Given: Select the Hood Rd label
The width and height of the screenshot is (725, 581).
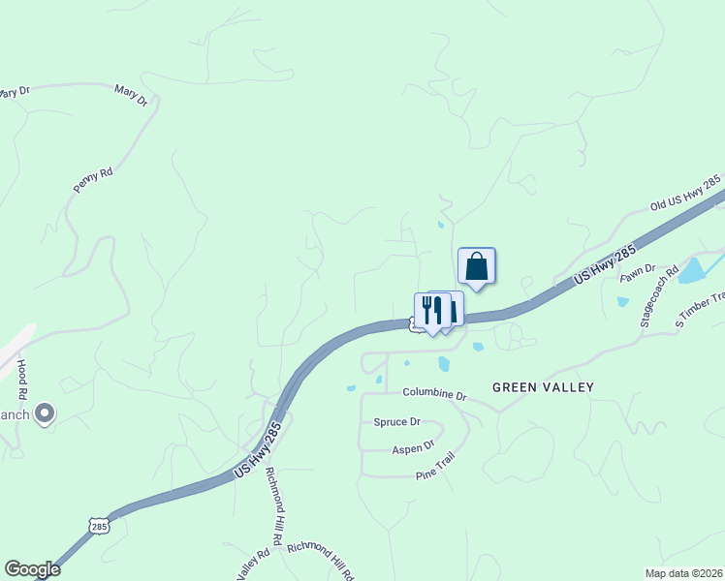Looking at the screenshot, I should pos(21,381).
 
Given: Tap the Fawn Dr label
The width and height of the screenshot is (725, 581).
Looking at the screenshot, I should pos(637,274).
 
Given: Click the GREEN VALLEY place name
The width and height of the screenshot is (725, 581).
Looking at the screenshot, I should pos(543,387).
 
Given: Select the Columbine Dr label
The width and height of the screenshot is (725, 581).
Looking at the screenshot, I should pos(435,396).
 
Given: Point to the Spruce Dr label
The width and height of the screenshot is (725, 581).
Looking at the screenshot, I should pos(397,422).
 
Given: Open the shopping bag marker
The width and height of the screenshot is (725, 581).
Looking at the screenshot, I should pos(476,266).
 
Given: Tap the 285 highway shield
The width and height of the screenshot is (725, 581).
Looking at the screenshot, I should pos(98,525).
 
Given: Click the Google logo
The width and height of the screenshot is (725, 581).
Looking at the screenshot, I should pos(32,569).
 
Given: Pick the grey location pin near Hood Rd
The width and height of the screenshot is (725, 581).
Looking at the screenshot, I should pos(44,414).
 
